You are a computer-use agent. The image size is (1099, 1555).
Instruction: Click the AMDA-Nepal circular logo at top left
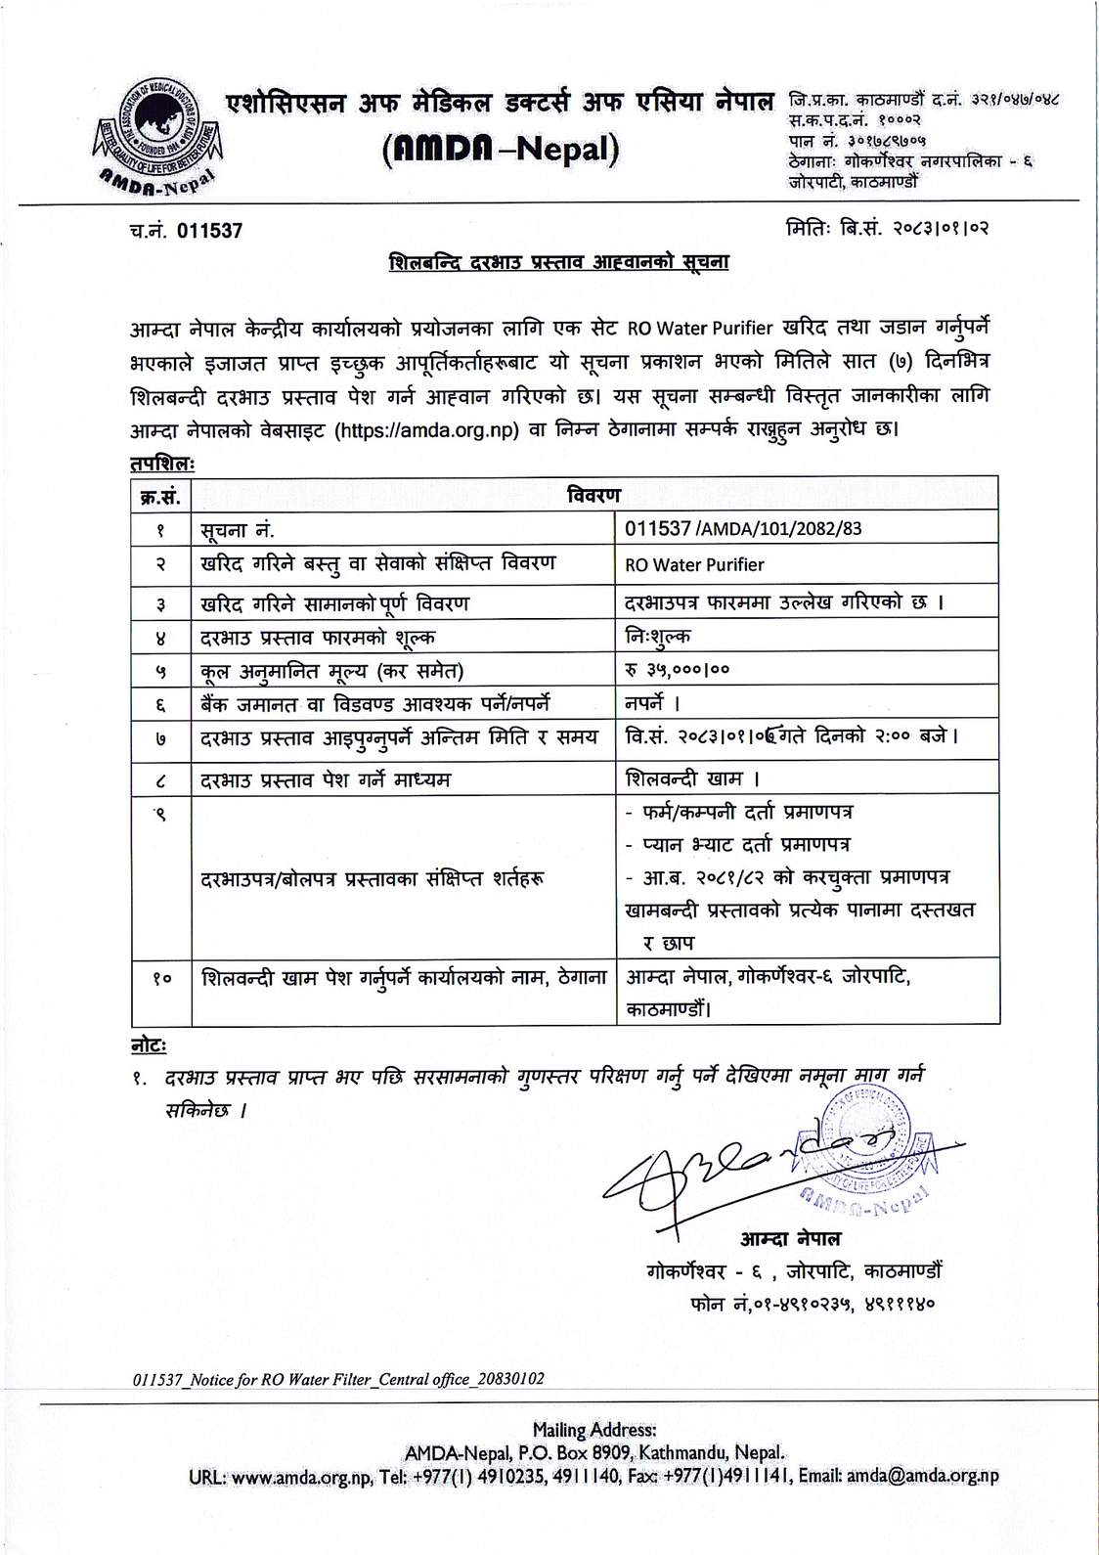(x=156, y=134)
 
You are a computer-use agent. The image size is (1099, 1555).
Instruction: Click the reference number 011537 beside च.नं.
(x=209, y=231)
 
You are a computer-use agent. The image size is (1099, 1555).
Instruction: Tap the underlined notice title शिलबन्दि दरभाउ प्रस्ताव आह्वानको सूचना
(x=558, y=262)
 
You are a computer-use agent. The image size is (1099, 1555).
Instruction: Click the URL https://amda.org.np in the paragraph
(x=426, y=430)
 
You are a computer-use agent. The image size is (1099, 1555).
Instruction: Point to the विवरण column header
(x=593, y=495)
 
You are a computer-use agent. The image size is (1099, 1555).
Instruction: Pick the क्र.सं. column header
(x=160, y=496)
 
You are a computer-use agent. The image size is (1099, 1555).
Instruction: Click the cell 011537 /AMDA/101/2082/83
(x=743, y=529)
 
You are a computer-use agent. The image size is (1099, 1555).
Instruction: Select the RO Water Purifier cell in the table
(x=694, y=564)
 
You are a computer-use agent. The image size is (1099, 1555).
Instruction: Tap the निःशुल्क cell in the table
(x=657, y=637)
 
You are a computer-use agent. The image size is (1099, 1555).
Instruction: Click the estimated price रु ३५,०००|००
(x=677, y=670)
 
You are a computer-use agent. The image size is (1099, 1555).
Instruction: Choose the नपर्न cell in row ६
(x=651, y=703)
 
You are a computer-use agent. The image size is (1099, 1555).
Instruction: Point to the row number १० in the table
(x=160, y=977)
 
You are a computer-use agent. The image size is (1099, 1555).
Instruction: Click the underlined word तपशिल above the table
(x=162, y=463)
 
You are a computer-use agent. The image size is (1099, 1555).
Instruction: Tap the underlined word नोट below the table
(x=149, y=1045)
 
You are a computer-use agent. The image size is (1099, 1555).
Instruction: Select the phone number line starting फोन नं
(x=813, y=1304)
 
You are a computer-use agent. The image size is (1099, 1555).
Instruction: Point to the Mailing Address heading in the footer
(x=593, y=1430)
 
